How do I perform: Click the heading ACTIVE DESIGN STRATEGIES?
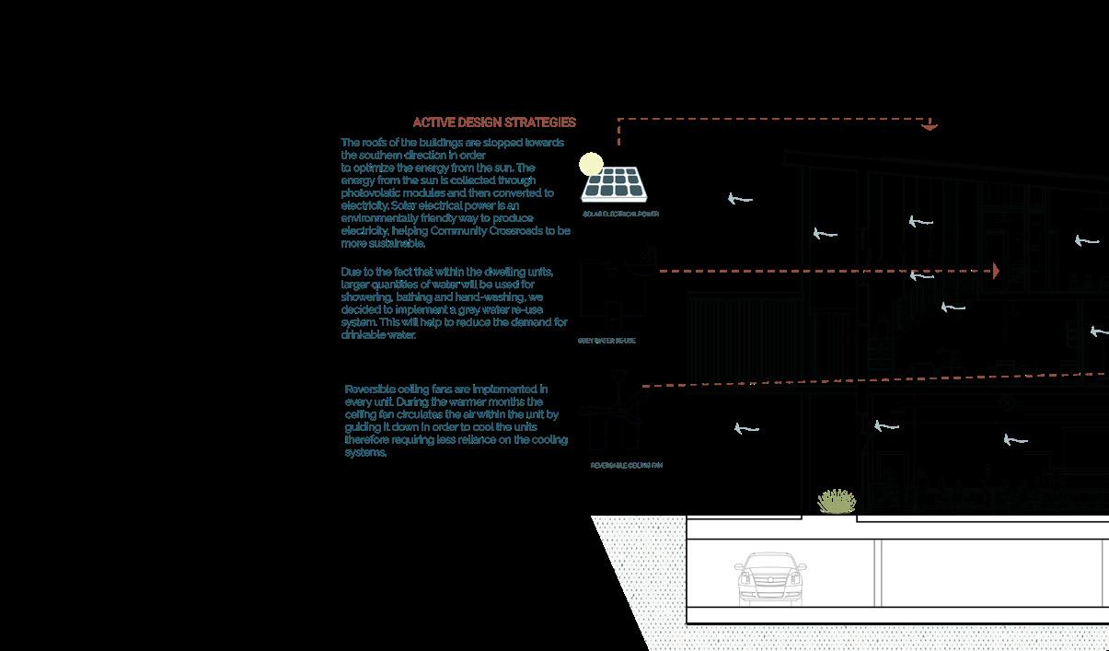(494, 122)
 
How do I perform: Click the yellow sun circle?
(591, 165)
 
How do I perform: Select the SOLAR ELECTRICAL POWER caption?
(620, 214)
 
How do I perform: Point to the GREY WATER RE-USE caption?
(606, 341)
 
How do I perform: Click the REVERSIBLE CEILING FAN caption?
(626, 466)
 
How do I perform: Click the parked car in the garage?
(770, 579)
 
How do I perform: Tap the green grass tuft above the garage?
(837, 501)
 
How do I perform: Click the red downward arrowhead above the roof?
(930, 125)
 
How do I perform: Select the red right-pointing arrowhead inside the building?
(996, 272)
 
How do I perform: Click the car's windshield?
(770, 564)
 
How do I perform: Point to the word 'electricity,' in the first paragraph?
(367, 231)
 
